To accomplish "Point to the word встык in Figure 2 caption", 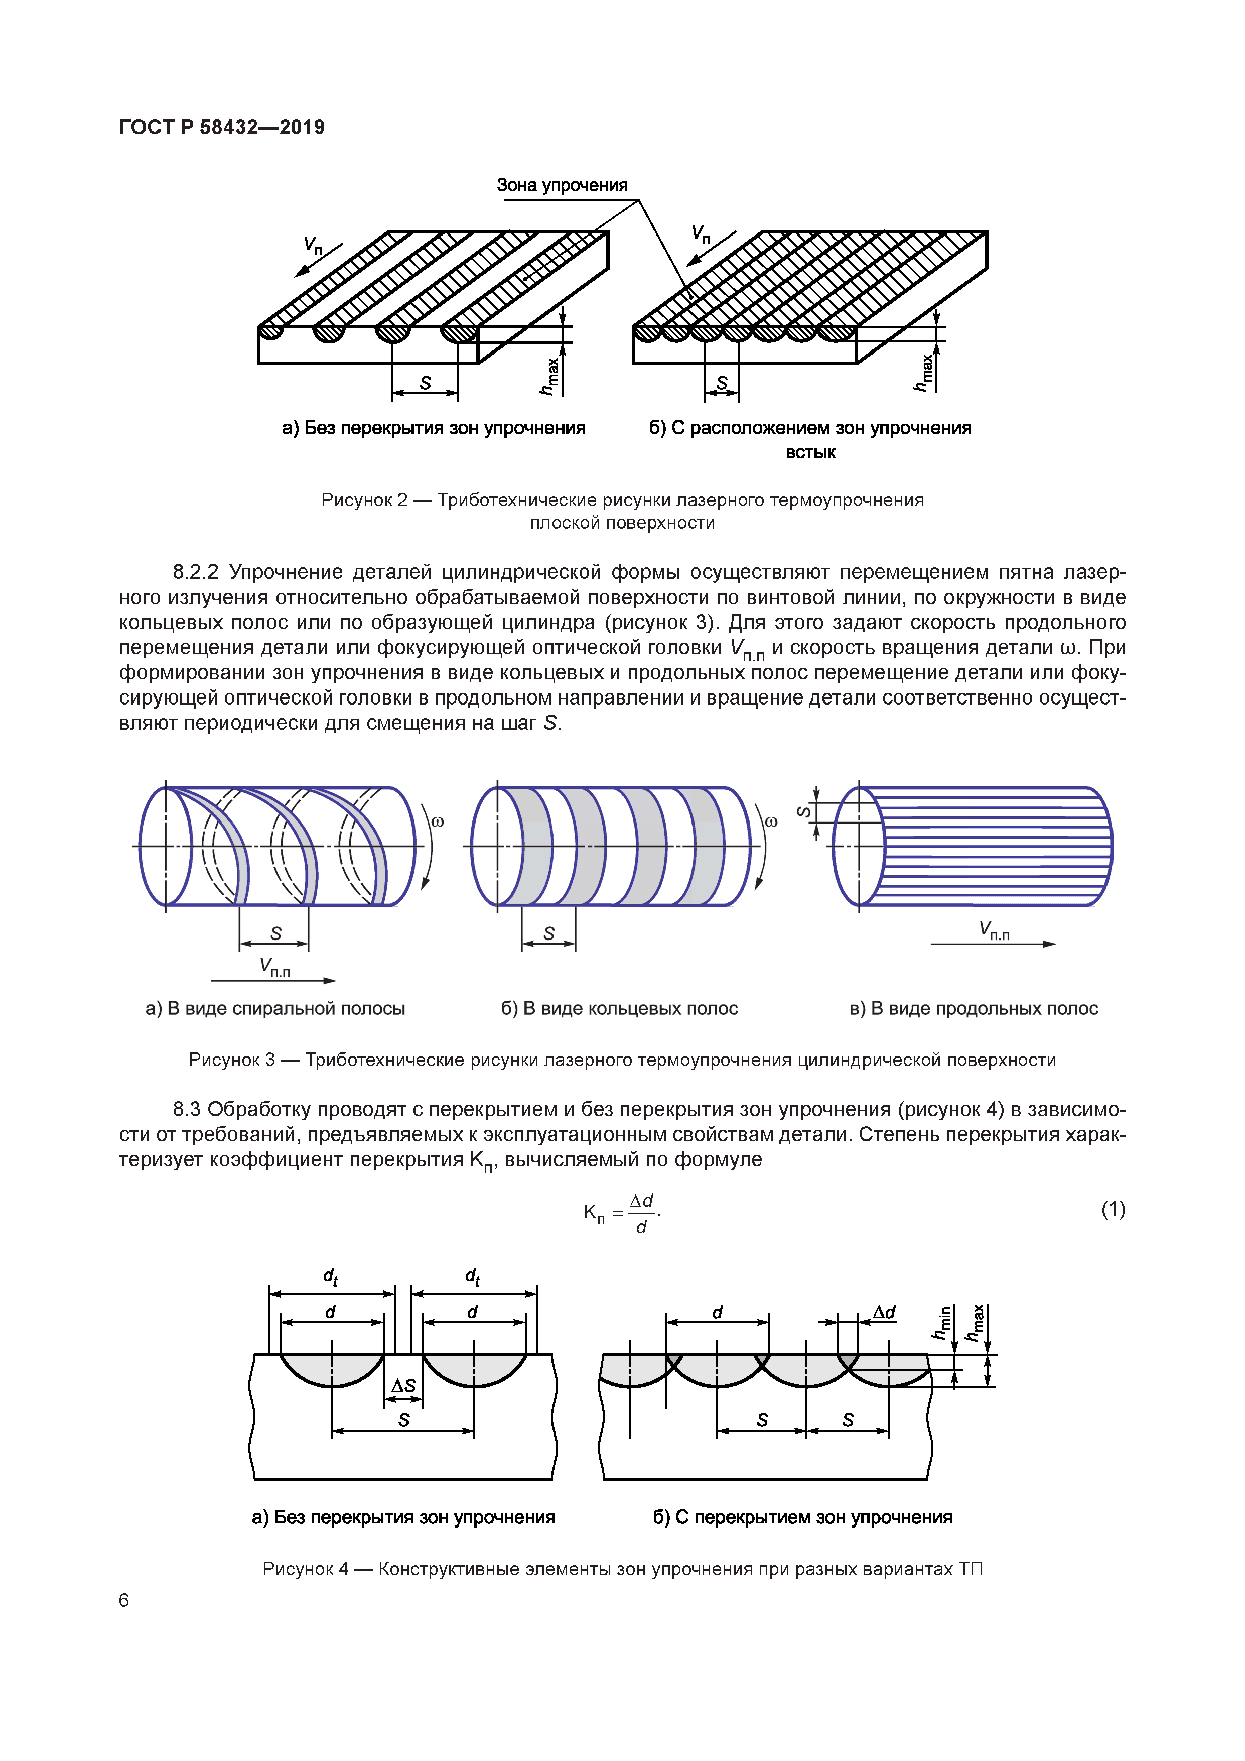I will coord(810,452).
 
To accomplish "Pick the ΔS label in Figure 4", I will coord(403,1386).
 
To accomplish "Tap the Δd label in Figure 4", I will coord(884,1312).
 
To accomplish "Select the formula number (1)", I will coord(1113,1210).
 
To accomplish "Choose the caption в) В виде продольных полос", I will coord(974,1009).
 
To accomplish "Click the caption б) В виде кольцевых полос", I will coord(619,1009).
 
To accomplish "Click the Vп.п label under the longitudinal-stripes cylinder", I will coord(994,930).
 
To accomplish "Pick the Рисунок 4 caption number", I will coord(305,1569).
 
